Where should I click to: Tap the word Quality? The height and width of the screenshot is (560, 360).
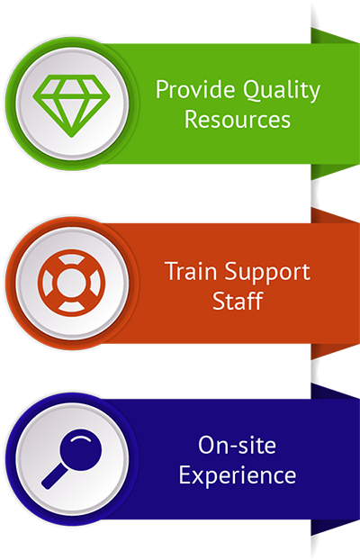[x=282, y=92]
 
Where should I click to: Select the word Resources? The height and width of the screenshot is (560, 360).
[x=238, y=119]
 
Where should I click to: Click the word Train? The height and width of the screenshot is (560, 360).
[x=192, y=271]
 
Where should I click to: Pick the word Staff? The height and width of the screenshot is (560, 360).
[x=238, y=301]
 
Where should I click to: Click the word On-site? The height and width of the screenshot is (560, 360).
[x=237, y=445]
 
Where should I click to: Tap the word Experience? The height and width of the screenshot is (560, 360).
[x=238, y=476]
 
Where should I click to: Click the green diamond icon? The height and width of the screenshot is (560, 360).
[x=71, y=105]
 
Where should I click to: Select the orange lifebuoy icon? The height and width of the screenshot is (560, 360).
[x=71, y=283]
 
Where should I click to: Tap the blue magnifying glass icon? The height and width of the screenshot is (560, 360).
[x=71, y=458]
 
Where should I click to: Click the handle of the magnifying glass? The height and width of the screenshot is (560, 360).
[x=54, y=476]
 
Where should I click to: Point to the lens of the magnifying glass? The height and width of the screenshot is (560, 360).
[x=81, y=449]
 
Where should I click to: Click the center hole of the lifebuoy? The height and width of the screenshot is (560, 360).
[x=71, y=283]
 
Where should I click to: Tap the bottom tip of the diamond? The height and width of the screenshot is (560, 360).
[x=71, y=137]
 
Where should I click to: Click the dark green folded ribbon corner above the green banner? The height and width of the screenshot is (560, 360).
[x=335, y=36]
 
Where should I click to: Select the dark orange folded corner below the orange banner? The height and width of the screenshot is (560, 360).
[x=335, y=351]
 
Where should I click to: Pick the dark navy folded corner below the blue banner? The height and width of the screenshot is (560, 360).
[x=335, y=528]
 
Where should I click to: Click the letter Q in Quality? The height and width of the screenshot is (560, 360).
[x=252, y=90]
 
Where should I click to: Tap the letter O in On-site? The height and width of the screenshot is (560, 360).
[x=208, y=446]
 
